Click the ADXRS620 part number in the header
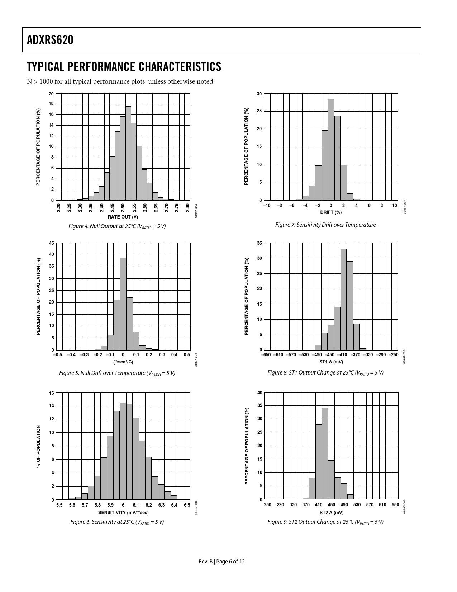[x=50, y=40]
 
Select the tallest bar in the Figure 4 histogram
[x=128, y=153]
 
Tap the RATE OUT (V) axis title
[x=123, y=217]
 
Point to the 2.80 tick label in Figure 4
[x=187, y=208]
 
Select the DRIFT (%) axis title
[x=331, y=212]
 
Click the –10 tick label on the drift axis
[x=267, y=206]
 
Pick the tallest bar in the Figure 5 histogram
[x=123, y=304]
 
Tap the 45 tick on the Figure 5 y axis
[x=52, y=243]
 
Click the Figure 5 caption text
[x=117, y=373]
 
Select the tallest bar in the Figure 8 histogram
[x=343, y=300]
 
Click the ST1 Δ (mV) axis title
[x=331, y=362]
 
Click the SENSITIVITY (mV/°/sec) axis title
[x=123, y=512]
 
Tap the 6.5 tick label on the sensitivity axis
[x=187, y=505]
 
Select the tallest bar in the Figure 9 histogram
[x=325, y=454]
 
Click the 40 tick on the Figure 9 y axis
[x=260, y=393]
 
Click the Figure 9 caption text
[x=325, y=522]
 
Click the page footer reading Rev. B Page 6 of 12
[x=222, y=562]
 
